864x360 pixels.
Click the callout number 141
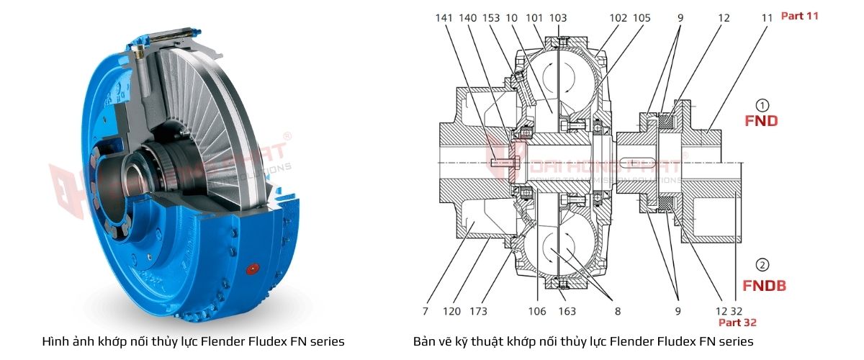444,17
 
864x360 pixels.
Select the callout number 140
468,17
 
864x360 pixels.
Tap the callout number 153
492,17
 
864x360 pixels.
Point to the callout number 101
535,17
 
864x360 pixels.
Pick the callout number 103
558,17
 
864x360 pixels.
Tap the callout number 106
538,311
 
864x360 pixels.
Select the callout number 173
477,311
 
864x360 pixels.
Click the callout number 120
451,311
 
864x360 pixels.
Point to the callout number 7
425,311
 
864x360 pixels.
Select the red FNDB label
764,286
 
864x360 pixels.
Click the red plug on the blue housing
252,269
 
